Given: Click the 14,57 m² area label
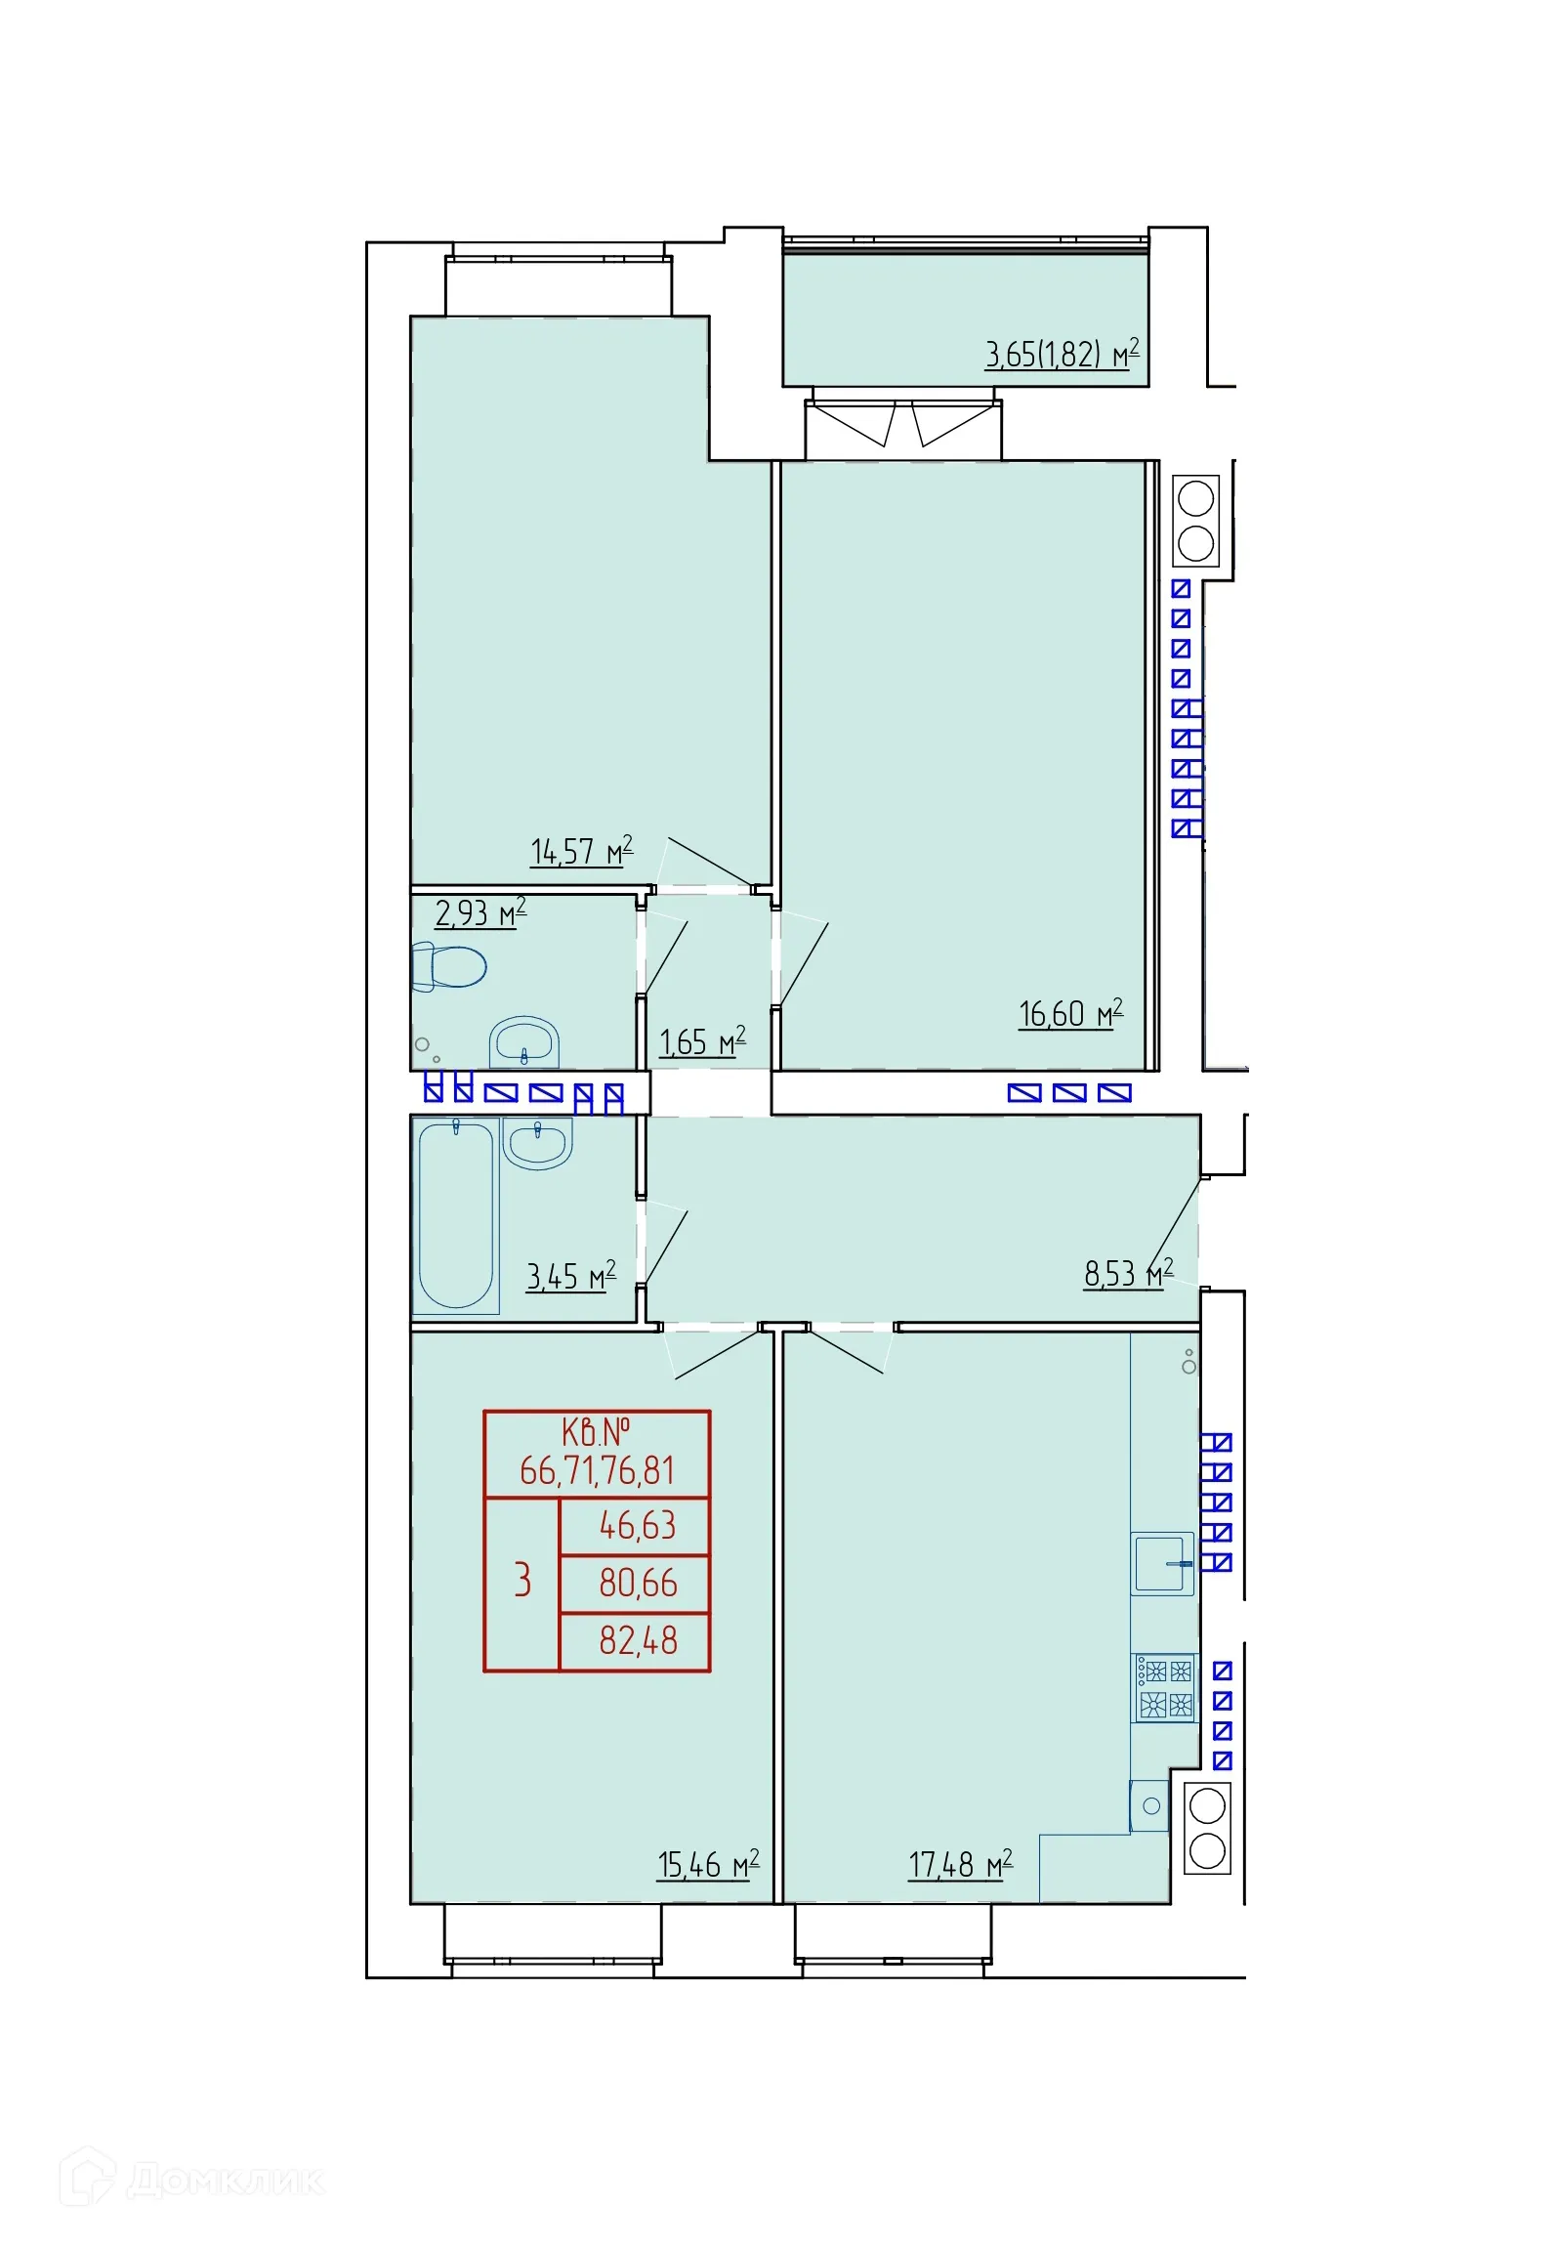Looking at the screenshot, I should point(581,851).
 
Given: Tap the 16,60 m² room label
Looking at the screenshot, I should point(1070,1013).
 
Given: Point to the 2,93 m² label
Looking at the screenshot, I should point(480,912).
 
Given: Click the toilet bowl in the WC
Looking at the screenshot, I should point(448,967).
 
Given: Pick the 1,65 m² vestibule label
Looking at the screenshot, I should point(702,1041).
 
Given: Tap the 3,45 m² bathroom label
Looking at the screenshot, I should point(570,1276).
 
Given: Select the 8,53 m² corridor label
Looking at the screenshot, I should point(1128,1273).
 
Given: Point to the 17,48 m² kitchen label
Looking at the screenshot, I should point(960,1864).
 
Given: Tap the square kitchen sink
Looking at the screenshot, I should point(1162,1563).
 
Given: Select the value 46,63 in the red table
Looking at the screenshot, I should point(637,1526).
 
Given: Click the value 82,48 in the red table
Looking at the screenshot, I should point(637,1641).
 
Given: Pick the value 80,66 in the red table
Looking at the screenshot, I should point(637,1584).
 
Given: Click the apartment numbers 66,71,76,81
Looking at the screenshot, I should point(597,1470).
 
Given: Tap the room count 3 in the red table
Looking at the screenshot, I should point(522,1580).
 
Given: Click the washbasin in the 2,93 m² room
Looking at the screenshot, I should point(524,1042).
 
